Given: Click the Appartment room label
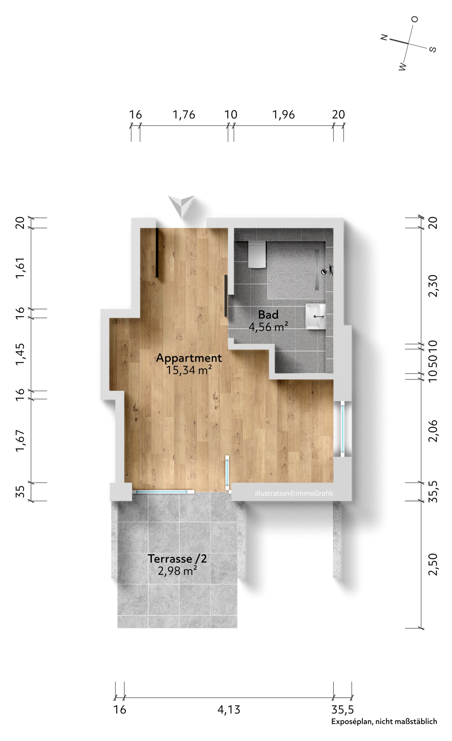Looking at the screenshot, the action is [x=189, y=358].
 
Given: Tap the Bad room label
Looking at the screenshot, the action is [x=268, y=315].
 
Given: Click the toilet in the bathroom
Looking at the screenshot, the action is [x=257, y=254].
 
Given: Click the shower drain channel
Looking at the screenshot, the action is [x=317, y=269].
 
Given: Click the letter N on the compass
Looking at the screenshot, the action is [x=384, y=37].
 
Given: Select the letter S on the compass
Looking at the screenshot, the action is [x=432, y=49].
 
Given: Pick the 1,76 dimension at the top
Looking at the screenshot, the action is [x=184, y=115].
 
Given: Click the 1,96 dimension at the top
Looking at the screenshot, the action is [x=283, y=115].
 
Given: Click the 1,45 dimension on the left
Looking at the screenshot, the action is [x=20, y=354].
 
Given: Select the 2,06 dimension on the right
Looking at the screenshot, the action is [x=433, y=431].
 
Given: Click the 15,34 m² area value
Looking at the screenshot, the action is [x=189, y=370].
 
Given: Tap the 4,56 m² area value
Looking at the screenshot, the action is [x=268, y=327].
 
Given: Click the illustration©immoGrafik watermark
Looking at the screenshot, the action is [x=294, y=493].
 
